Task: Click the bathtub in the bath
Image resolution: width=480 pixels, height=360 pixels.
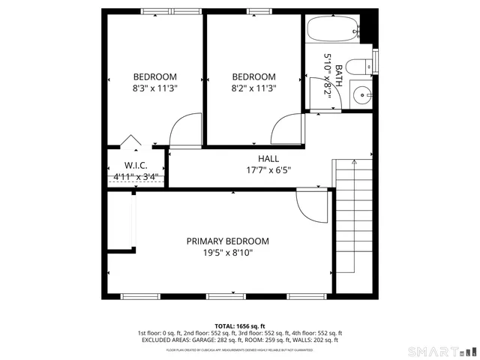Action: (333, 31)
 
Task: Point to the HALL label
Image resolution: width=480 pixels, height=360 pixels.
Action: (268, 159)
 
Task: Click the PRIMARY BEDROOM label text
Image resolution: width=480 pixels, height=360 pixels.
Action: (227, 241)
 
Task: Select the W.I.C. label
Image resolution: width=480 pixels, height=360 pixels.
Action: (135, 166)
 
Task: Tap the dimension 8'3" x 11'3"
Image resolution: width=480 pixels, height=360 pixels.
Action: (154, 88)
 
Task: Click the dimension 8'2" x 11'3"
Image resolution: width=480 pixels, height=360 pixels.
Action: (253, 88)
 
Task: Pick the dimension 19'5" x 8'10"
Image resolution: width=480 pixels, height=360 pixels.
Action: (227, 253)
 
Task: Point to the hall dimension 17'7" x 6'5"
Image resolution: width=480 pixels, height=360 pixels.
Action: (268, 170)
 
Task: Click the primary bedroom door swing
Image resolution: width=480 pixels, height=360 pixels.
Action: (310, 204)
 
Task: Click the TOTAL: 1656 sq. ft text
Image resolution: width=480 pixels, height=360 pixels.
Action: (239, 325)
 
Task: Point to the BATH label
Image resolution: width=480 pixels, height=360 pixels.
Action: (339, 78)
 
